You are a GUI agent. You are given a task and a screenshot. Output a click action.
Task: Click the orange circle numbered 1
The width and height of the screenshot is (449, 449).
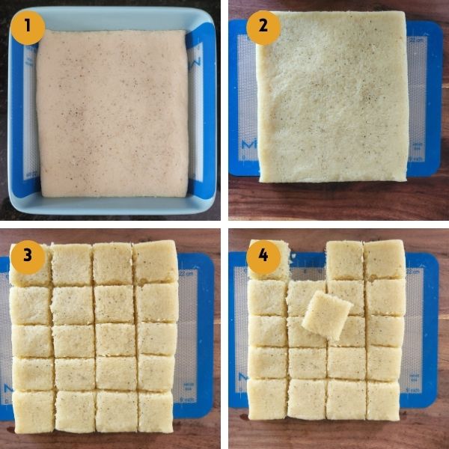pos(28,28)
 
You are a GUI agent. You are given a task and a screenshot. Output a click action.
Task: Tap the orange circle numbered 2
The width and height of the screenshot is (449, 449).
pos(263,28)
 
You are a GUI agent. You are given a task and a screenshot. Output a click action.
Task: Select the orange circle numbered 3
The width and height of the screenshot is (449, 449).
pos(28,257)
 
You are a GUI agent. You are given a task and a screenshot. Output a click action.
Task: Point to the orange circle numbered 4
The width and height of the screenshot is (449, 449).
pos(263,257)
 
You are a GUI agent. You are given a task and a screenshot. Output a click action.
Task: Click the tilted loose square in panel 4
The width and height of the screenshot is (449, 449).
pos(327,316)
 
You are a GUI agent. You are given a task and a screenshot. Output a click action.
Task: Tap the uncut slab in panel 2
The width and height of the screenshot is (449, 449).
pos(332,97)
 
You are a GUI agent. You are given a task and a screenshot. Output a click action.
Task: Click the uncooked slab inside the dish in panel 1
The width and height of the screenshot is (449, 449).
pos(112,114)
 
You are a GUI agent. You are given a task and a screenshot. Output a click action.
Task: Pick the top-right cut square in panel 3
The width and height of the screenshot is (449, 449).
pos(156,262)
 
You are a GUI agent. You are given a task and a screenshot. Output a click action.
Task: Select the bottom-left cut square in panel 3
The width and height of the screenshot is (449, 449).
pos(34,412)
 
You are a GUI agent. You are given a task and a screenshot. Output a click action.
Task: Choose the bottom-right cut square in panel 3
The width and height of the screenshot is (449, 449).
pos(156,412)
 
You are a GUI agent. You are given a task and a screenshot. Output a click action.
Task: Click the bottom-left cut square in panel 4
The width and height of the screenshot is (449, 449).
pos(267,399)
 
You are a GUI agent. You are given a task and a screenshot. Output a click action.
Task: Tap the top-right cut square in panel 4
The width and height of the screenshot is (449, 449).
pos(385,260)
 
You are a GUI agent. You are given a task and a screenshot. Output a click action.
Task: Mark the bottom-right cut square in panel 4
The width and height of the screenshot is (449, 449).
pos(383,401)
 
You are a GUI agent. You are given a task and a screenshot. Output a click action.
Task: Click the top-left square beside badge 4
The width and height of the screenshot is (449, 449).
pos(269,260)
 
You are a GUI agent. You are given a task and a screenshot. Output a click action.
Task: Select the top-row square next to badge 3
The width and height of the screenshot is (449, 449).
pos(72,264)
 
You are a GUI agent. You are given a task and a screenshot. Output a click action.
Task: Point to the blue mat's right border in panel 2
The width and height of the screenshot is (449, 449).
pos(435,99)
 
